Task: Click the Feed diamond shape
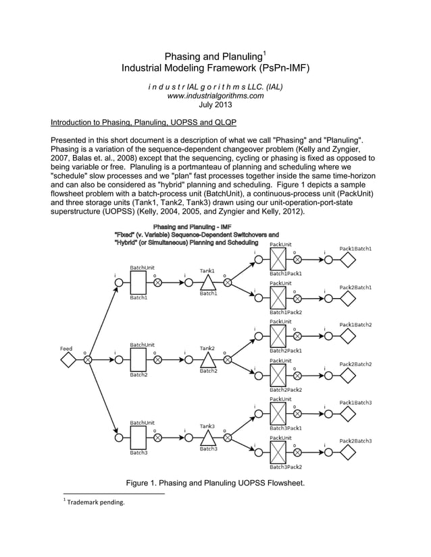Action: [68, 360]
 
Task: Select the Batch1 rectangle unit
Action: [138, 283]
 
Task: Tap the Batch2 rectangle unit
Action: [138, 360]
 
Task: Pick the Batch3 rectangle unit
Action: [138, 437]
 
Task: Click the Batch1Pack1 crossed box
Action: [278, 259]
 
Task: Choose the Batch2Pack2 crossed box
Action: [278, 375]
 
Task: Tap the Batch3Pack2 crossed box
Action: [278, 452]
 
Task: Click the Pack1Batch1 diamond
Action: [348, 259]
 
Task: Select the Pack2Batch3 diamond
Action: [348, 452]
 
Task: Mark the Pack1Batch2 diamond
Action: [348, 336]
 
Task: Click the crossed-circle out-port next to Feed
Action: [88, 360]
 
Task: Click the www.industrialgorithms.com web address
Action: [215, 96]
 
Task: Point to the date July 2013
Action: [215, 105]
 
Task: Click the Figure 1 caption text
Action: [215, 483]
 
